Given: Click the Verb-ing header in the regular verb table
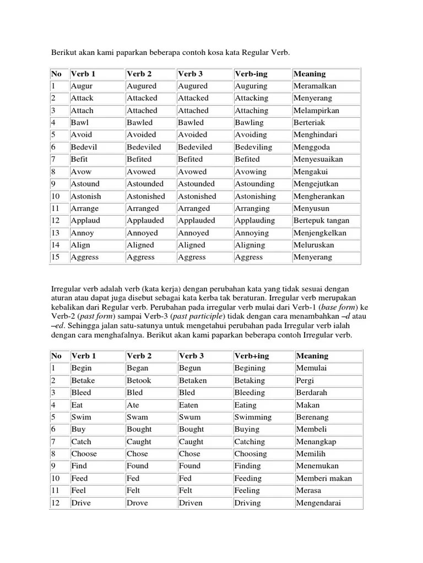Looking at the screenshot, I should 251,74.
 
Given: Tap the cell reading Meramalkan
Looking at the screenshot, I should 314,86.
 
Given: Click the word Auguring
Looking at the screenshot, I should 251,86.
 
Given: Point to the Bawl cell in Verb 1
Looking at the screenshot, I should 79,123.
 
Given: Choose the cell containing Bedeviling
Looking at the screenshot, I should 253,147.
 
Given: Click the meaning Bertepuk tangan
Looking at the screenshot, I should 321,220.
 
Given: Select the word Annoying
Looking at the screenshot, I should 252,233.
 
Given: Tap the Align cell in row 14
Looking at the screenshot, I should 80,245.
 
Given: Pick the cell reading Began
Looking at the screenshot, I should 137,368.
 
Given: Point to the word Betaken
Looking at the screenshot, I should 193,380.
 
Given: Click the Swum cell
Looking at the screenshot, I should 189,417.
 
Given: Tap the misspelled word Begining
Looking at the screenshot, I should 250,368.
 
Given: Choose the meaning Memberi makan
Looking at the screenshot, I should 324,478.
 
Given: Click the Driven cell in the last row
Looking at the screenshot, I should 191,503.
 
